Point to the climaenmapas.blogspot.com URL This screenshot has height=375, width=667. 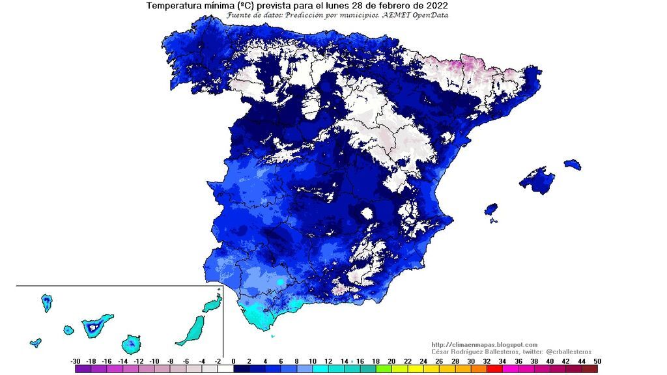point(484,344)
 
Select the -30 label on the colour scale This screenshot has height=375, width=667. point(76,361)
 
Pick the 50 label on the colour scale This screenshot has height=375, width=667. point(597,361)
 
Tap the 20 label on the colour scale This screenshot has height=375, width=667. point(391,361)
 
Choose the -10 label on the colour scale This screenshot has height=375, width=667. point(154,361)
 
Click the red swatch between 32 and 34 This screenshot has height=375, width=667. point(494,368)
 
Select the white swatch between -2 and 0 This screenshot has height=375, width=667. point(225,368)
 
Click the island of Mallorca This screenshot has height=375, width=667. point(537,180)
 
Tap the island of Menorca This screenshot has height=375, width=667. point(573,163)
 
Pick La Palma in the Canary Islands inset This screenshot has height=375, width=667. point(47,302)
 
